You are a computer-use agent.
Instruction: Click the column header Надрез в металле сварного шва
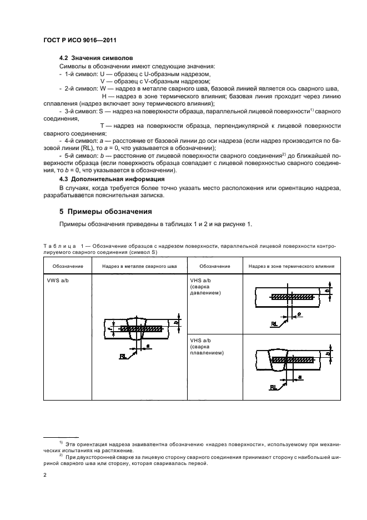pos(139,266)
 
